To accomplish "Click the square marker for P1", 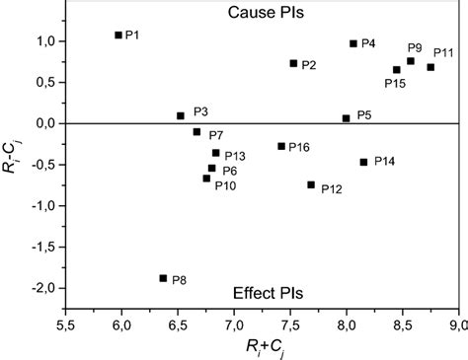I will point(118,35).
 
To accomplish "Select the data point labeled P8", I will point(163,278).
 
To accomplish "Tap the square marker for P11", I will point(430,67).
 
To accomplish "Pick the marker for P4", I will point(353,43).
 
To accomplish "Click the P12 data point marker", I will point(311,184).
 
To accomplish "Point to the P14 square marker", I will point(363,162).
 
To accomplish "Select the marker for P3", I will point(181,115).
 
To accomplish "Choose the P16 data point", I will point(281,146).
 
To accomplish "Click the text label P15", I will point(395,83).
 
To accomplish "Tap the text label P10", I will point(225,185).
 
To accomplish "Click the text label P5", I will point(364,115).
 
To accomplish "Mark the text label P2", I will point(309,65).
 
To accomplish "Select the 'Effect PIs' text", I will point(268,293).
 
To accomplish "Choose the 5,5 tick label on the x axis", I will point(66,323).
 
